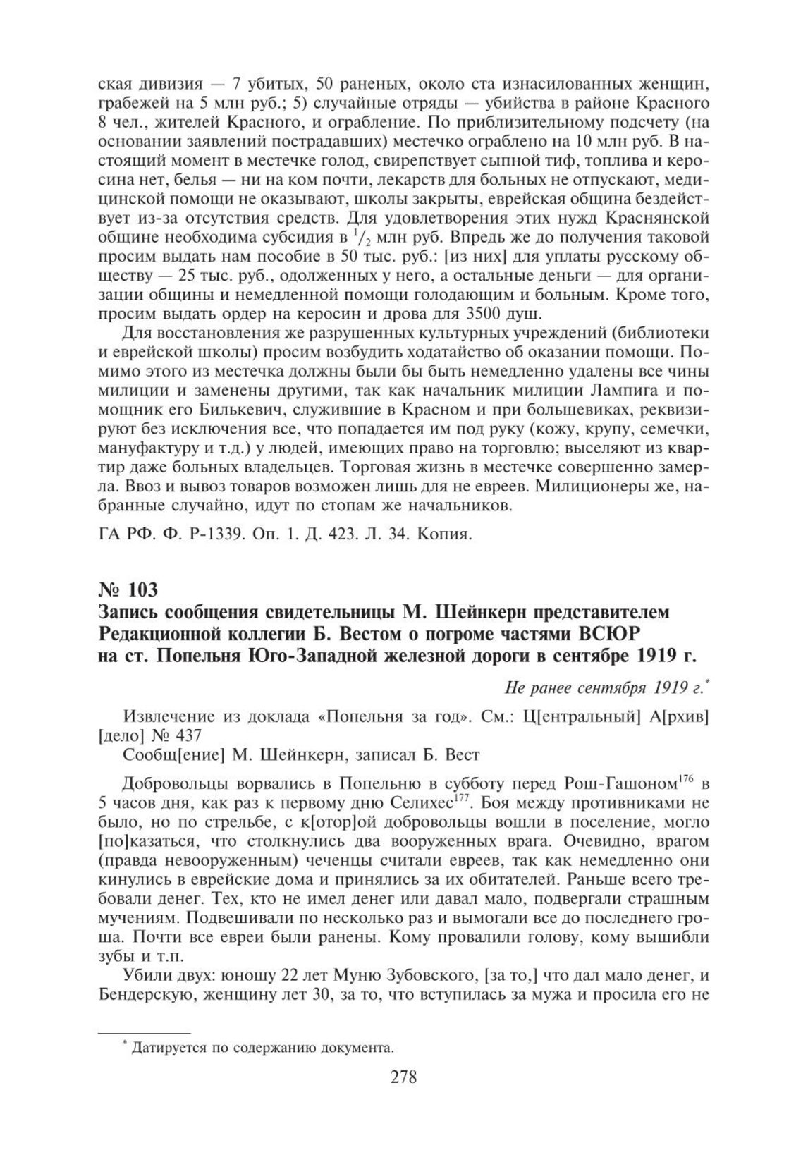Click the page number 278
(x=403, y=1097)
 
